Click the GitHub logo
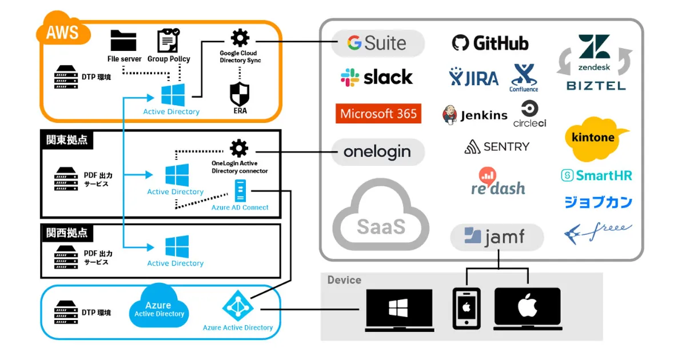490,43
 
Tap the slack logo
376,77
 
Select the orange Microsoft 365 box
378,113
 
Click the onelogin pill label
378,152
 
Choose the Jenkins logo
474,115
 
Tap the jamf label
496,237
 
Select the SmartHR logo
596,175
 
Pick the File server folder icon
123,41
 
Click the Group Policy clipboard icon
168,41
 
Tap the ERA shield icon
240,93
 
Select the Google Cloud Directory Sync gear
240,38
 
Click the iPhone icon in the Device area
466,309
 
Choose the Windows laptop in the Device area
398,310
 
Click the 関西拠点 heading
67,233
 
